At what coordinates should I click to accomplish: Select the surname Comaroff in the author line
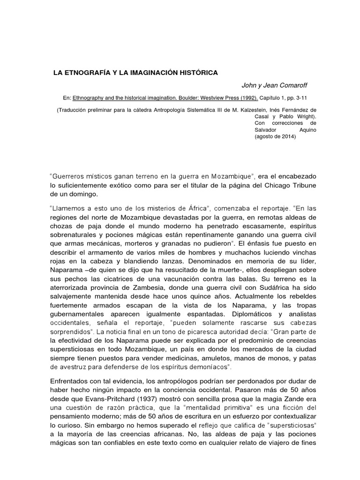click(295, 85)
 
